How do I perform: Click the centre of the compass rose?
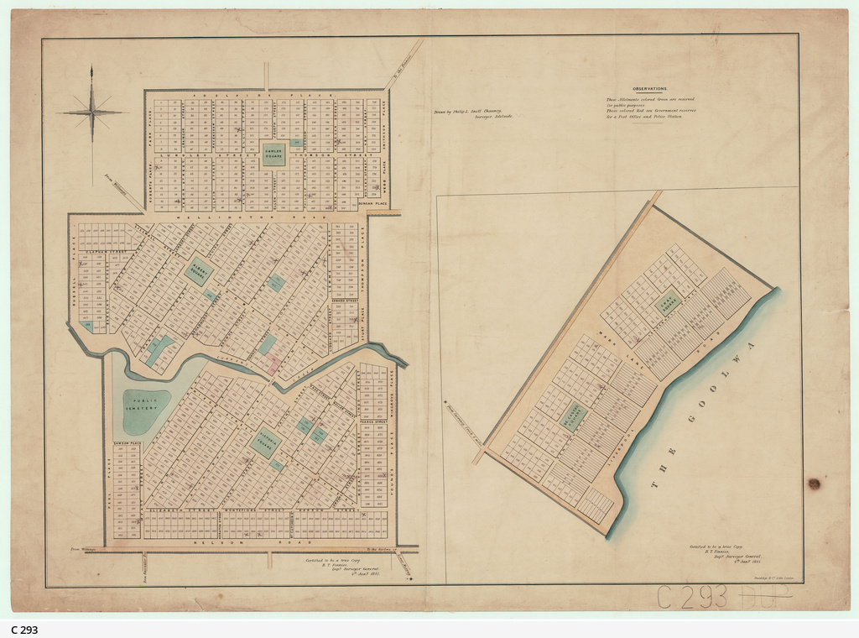coord(92,112)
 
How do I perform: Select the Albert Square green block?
coord(199,271)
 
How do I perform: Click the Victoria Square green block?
coord(265,442)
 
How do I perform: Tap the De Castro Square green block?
coord(574,415)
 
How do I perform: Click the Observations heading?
coord(649,88)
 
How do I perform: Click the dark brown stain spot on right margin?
coord(813,484)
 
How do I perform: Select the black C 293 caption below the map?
coord(24,630)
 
